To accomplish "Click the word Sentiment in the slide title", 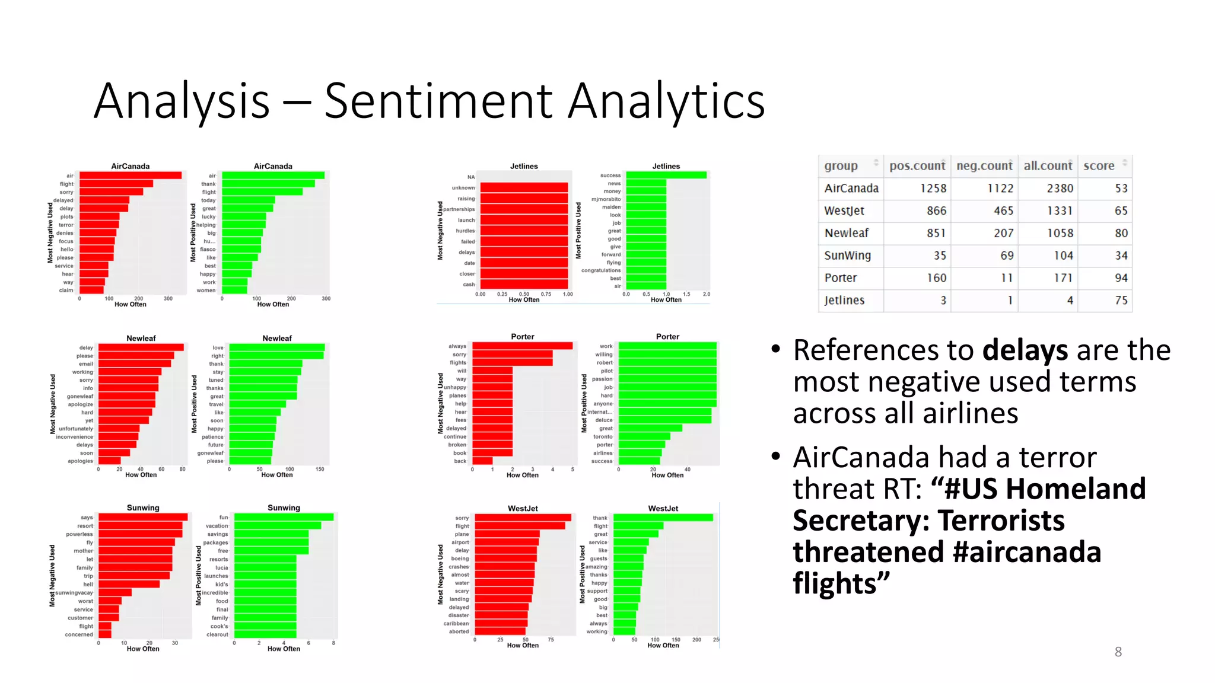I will (x=440, y=101).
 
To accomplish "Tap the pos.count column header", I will (x=917, y=166).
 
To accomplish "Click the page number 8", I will (x=1118, y=652).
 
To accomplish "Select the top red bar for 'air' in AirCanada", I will (x=131, y=175).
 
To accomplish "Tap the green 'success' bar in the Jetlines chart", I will (x=666, y=175).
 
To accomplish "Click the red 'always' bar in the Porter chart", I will (x=522, y=346).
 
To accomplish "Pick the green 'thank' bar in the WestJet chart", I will (x=663, y=518).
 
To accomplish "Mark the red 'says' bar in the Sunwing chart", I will (x=143, y=518).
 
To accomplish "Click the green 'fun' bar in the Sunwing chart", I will (x=284, y=517).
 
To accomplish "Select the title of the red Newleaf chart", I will (x=141, y=338).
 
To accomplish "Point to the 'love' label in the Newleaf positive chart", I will (x=218, y=348).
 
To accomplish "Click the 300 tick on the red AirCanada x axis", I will (x=168, y=299).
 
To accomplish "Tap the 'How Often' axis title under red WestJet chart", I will (x=523, y=646).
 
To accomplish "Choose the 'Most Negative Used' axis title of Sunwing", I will (x=52, y=576).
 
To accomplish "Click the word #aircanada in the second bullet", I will (x=1026, y=553).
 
